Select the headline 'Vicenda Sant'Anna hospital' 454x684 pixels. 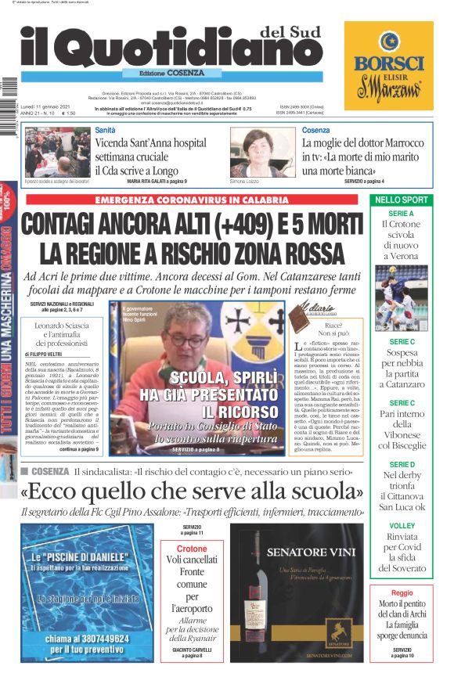150,143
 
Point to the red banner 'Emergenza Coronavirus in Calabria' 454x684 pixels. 193,200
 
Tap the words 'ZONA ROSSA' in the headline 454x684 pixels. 279,254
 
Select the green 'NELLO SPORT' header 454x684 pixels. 402,200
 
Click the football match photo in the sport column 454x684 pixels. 402,298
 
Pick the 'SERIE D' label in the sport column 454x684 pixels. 402,465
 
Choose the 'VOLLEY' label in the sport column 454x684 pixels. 402,526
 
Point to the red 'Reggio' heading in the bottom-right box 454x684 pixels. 402,593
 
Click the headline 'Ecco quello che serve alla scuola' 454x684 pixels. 193,491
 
